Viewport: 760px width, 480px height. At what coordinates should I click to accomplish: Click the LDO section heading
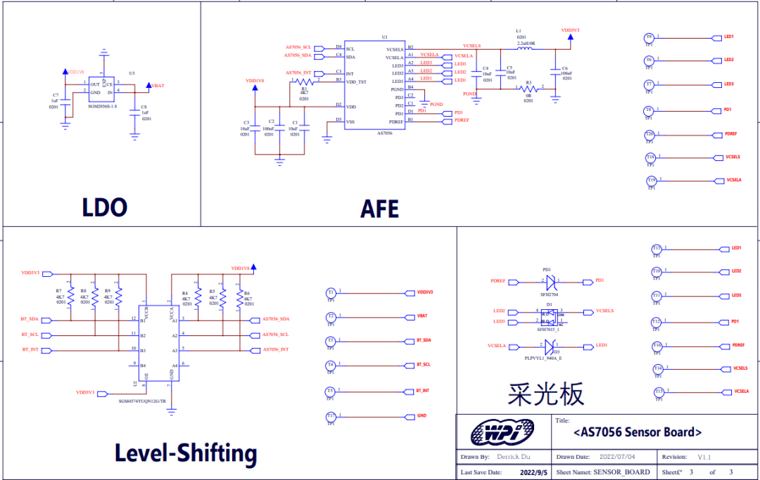point(104,207)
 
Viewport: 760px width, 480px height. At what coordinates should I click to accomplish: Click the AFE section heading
point(379,209)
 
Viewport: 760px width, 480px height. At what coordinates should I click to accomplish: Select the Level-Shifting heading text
point(186,453)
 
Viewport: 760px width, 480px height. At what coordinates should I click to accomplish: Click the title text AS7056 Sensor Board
point(638,432)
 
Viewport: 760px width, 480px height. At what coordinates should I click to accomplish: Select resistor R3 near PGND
point(528,89)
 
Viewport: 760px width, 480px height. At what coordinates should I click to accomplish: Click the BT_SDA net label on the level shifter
point(30,319)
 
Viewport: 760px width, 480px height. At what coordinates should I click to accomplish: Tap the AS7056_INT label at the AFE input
point(298,73)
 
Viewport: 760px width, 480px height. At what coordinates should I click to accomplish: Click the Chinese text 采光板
point(545,395)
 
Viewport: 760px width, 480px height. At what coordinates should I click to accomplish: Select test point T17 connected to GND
point(331,416)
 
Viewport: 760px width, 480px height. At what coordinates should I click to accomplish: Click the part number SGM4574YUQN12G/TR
point(143,401)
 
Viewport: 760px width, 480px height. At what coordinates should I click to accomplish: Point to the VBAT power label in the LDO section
point(158,86)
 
